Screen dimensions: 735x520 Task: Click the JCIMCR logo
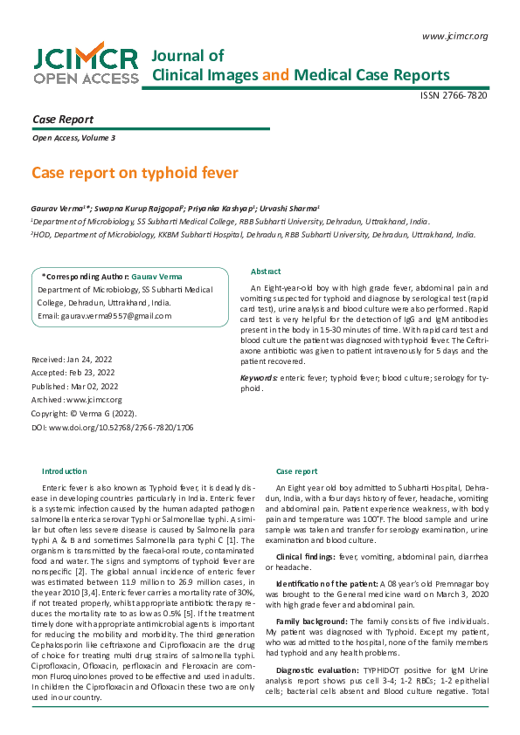pos(85,65)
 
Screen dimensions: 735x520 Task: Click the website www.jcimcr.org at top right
pos(454,36)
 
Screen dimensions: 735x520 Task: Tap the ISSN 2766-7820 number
pos(454,96)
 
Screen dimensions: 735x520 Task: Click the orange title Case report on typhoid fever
pos(135,173)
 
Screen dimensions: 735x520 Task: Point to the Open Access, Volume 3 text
pos(73,138)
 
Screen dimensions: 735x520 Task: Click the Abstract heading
pos(266,271)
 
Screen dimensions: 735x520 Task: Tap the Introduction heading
pos(65,471)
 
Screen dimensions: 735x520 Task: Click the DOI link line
pos(112,427)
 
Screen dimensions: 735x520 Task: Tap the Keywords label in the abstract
pos(260,377)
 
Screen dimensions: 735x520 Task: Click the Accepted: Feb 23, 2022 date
pos(74,373)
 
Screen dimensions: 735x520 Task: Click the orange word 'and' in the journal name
pos(275,75)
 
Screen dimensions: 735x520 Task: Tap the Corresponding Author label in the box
pos(80,276)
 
